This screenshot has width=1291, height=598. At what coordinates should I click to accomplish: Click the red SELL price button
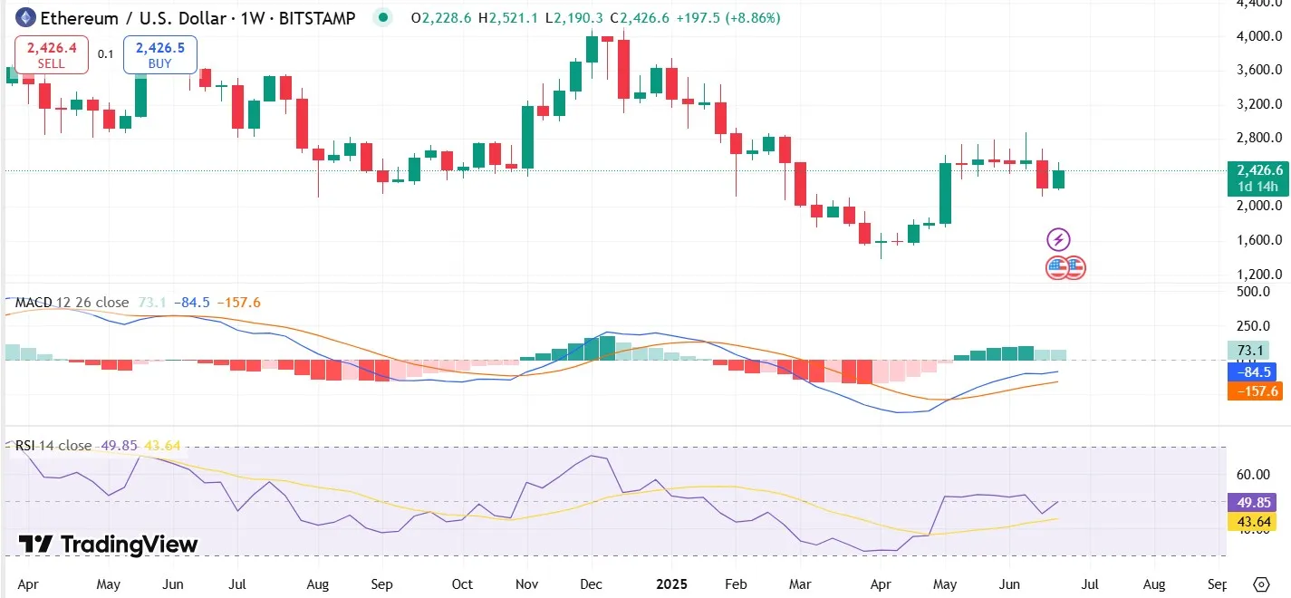(x=51, y=54)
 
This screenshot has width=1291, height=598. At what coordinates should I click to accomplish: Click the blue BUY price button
(x=160, y=54)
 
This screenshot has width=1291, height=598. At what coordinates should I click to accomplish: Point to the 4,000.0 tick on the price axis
(x=1258, y=36)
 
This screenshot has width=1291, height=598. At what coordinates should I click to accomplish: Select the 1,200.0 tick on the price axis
(x=1258, y=274)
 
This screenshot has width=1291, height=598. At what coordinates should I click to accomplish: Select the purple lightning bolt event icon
(x=1058, y=240)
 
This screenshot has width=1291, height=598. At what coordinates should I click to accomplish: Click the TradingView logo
(x=108, y=545)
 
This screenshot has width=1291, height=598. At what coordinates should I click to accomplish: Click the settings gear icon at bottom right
(x=1261, y=584)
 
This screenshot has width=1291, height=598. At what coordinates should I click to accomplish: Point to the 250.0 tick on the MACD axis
(x=1256, y=326)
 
